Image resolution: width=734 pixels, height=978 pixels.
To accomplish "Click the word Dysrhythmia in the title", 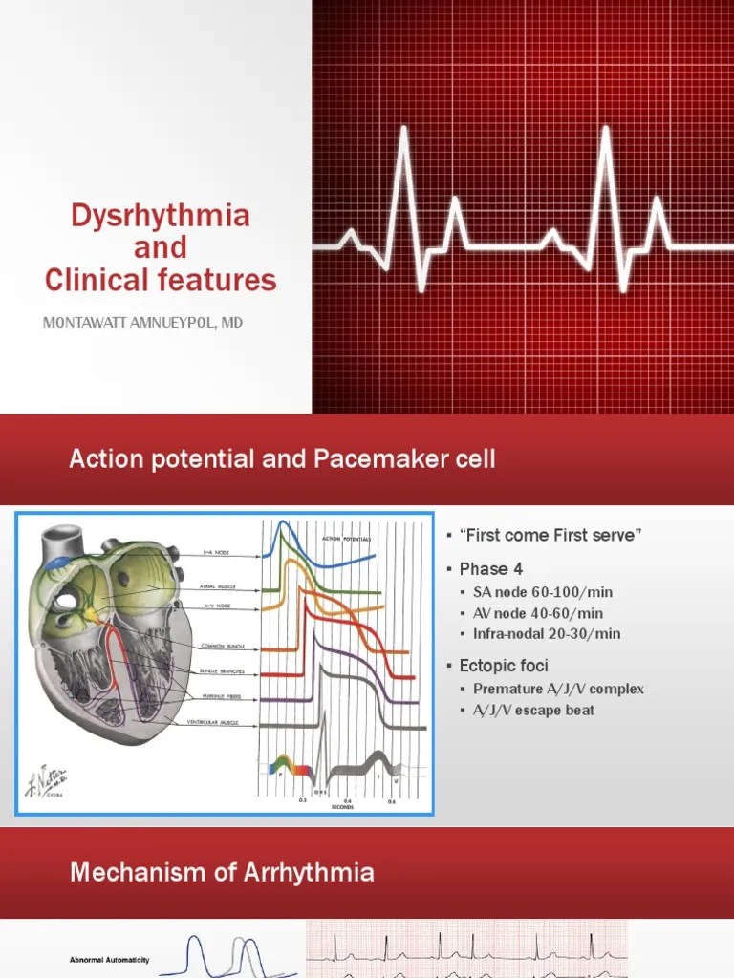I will point(161,215).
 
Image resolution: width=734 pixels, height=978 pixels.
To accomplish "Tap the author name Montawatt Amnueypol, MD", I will point(143,323).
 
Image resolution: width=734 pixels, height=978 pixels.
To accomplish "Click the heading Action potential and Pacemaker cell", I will point(282,459).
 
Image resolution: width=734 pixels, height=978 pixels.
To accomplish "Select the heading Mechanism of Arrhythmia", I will point(221,872).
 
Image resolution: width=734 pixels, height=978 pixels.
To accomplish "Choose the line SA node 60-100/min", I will point(543,593).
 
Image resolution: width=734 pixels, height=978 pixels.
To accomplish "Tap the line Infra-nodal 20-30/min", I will point(547,633).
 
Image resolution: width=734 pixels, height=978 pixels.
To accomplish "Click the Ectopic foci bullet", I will point(504,665).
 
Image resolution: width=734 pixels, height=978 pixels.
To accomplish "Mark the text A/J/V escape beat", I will point(533,710).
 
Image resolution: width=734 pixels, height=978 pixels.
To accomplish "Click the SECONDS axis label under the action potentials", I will point(343,807).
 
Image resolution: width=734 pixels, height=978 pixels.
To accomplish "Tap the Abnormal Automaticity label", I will point(109,960).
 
